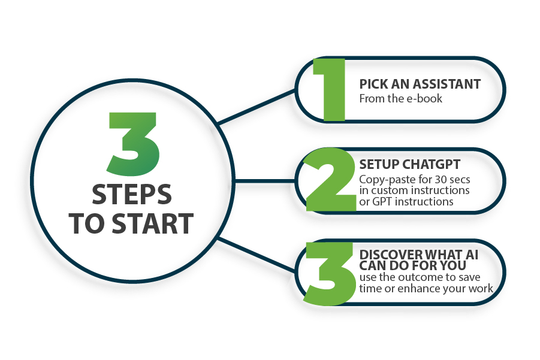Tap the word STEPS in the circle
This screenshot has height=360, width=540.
(x=132, y=195)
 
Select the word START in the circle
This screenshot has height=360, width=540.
(x=153, y=223)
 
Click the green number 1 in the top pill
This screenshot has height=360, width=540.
(x=330, y=90)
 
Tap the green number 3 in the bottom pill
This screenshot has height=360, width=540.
(x=330, y=274)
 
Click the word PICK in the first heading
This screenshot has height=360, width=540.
(x=373, y=84)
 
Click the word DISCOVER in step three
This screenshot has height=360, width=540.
(x=386, y=255)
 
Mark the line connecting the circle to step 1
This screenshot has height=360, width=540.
(x=257, y=107)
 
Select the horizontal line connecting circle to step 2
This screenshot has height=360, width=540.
(x=265, y=181)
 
